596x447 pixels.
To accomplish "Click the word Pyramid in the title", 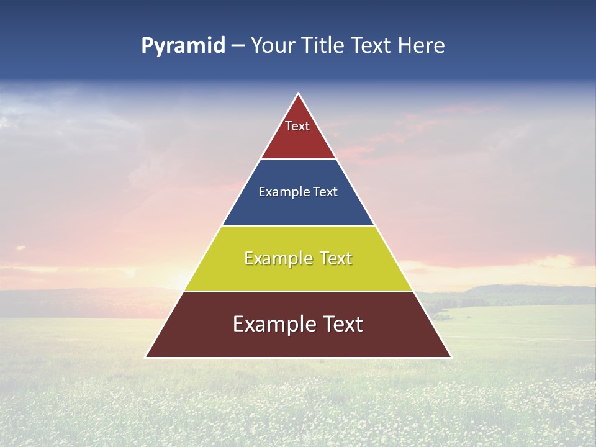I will pyautogui.click(x=183, y=46).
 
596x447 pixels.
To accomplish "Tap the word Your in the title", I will pyautogui.click(x=271, y=46).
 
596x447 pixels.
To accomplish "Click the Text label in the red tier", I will pyautogui.click(x=297, y=126).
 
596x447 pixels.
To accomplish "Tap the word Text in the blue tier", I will pyautogui.click(x=325, y=192).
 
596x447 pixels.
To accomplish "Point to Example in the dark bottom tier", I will pyautogui.click(x=269, y=324).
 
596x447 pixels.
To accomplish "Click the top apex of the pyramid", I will pyautogui.click(x=299, y=94).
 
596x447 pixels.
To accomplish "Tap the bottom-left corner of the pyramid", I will pyautogui.click(x=147, y=357).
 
